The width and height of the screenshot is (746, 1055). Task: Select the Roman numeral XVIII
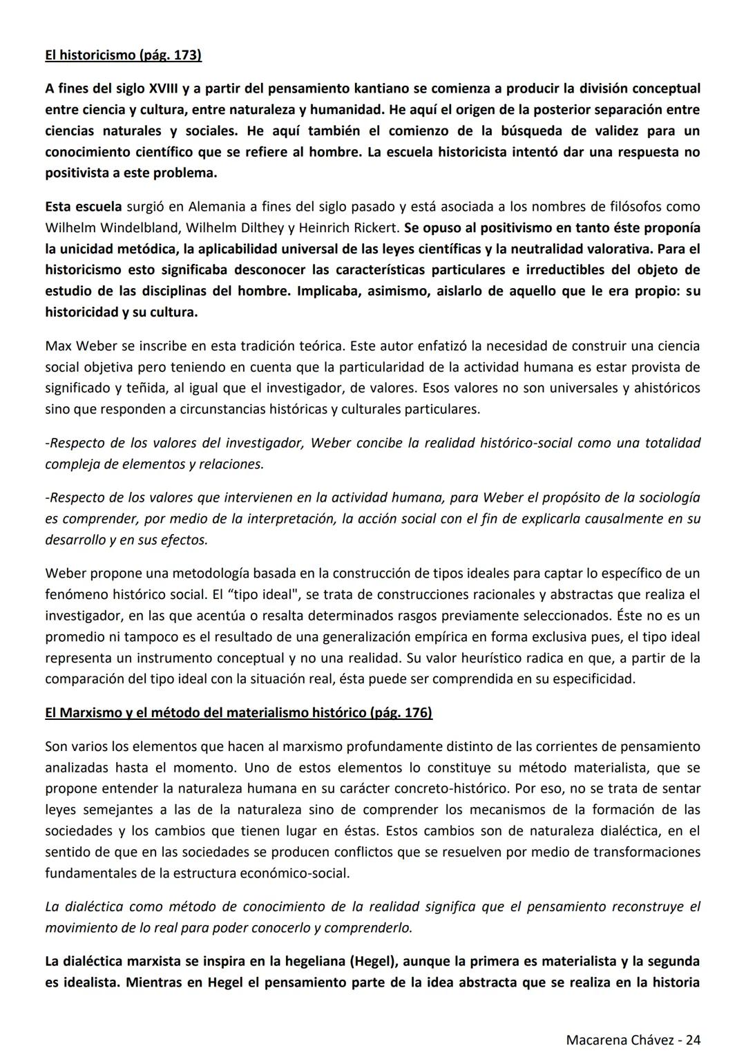[162, 88]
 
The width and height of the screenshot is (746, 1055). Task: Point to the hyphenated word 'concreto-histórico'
[405, 788]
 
